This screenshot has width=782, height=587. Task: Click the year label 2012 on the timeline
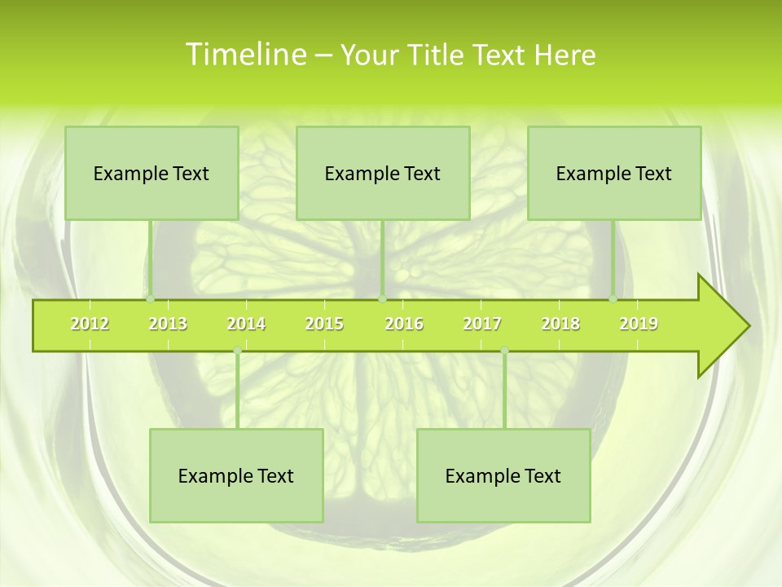(90, 324)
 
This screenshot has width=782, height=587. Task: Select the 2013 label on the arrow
(168, 324)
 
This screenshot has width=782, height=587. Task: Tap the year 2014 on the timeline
(246, 324)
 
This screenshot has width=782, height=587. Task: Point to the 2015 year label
(324, 324)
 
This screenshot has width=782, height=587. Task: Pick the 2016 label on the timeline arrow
(404, 324)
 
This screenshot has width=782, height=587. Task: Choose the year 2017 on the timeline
(482, 324)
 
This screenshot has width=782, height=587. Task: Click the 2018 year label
(560, 324)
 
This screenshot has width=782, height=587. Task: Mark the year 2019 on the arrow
(639, 324)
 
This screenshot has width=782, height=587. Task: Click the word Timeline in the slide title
(245, 55)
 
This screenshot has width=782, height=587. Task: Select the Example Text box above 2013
(152, 173)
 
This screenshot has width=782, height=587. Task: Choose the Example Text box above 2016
(383, 173)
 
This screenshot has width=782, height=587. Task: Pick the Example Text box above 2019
(614, 173)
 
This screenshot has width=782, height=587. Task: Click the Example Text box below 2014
(236, 475)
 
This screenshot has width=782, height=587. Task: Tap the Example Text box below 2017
(503, 475)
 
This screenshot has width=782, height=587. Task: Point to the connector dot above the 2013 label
(151, 298)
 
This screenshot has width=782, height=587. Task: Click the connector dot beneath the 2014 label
(237, 351)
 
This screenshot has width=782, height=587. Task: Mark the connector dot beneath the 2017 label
(504, 351)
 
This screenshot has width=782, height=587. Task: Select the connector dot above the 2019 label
(613, 298)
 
